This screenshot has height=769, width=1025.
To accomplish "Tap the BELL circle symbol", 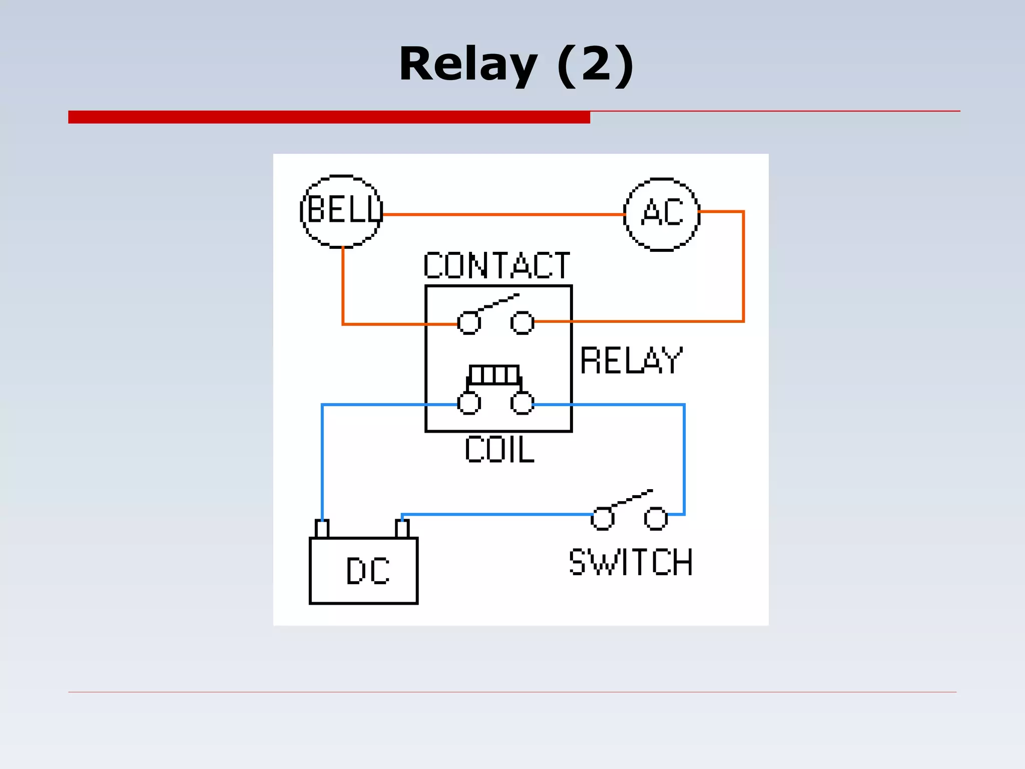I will [x=342, y=211].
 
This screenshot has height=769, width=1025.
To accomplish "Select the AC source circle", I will [x=661, y=214].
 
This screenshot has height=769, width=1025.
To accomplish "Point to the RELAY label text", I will [x=631, y=360].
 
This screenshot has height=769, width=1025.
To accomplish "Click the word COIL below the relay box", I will [x=499, y=450].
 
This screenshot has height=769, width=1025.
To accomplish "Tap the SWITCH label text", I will [x=631, y=562].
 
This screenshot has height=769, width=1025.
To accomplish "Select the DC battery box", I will [x=363, y=571].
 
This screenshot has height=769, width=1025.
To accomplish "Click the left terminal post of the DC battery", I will [x=322, y=529].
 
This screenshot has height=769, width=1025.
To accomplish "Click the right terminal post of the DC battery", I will [x=402, y=529].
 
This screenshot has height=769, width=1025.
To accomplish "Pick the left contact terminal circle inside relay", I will [x=469, y=323].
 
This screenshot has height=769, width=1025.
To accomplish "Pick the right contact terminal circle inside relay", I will [x=522, y=322].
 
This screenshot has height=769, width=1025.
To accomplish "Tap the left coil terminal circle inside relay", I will [x=469, y=403].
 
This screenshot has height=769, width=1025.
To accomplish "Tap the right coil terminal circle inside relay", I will [x=522, y=403].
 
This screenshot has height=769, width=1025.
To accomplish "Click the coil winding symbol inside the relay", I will [x=494, y=374].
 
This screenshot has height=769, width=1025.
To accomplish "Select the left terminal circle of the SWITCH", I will [x=602, y=518].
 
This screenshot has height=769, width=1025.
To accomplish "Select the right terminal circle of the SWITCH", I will [x=656, y=518].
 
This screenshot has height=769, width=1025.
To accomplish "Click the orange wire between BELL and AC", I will [x=500, y=215].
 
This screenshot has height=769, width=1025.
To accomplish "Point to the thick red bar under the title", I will [x=329, y=117].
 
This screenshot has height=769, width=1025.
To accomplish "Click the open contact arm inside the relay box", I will [x=498, y=302].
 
